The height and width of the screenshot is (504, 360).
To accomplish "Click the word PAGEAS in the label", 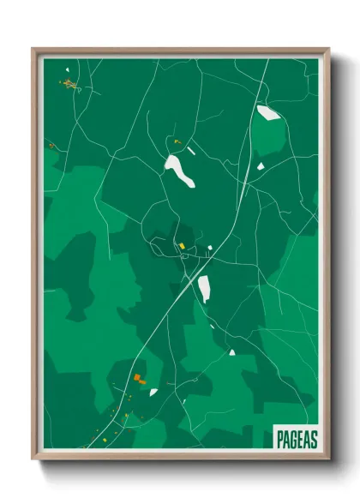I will (x=297, y=439).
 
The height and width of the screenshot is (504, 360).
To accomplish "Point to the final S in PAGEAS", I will (x=313, y=439).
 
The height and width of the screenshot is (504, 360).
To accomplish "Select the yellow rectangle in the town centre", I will (x=182, y=247).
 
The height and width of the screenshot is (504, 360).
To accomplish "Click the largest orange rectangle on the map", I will (x=137, y=377).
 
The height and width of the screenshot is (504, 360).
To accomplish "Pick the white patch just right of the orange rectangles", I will (x=153, y=392).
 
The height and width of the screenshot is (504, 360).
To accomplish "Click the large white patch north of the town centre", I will (x=180, y=170).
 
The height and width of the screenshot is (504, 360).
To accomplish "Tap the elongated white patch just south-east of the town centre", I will (x=204, y=288).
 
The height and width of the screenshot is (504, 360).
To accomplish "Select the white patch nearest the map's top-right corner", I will (x=267, y=112).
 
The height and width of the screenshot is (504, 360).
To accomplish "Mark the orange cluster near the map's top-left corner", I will (x=69, y=84).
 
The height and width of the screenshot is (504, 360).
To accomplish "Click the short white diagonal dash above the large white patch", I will (x=191, y=151).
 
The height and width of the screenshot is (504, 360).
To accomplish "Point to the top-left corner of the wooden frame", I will (x=34, y=49).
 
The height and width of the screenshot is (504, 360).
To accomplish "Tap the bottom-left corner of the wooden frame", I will (x=34, y=459).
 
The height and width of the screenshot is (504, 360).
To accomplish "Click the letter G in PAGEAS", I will (x=294, y=439).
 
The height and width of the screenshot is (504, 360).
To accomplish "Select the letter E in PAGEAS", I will (x=300, y=439).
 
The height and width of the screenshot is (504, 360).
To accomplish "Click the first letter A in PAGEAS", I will (x=287, y=439).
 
